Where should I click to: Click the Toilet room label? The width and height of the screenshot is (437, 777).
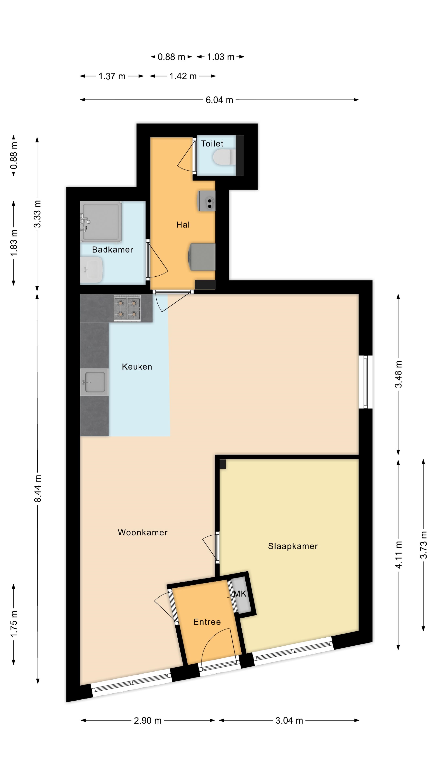[x=212, y=144]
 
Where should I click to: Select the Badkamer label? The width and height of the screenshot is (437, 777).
[x=112, y=250]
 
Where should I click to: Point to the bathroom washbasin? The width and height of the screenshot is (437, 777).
[x=91, y=270]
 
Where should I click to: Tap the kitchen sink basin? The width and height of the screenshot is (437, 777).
[x=94, y=382]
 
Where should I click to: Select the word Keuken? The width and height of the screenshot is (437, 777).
[x=137, y=367]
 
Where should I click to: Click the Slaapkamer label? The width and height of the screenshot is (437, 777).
[x=293, y=546]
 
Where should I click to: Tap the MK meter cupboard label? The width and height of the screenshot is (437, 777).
[x=240, y=594]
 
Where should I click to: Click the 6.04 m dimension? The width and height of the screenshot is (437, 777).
[x=219, y=100]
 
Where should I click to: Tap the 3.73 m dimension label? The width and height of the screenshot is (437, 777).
[x=424, y=545]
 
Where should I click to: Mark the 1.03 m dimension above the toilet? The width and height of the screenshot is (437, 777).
[x=221, y=57]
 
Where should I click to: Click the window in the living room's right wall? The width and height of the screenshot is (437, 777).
[x=366, y=382]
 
